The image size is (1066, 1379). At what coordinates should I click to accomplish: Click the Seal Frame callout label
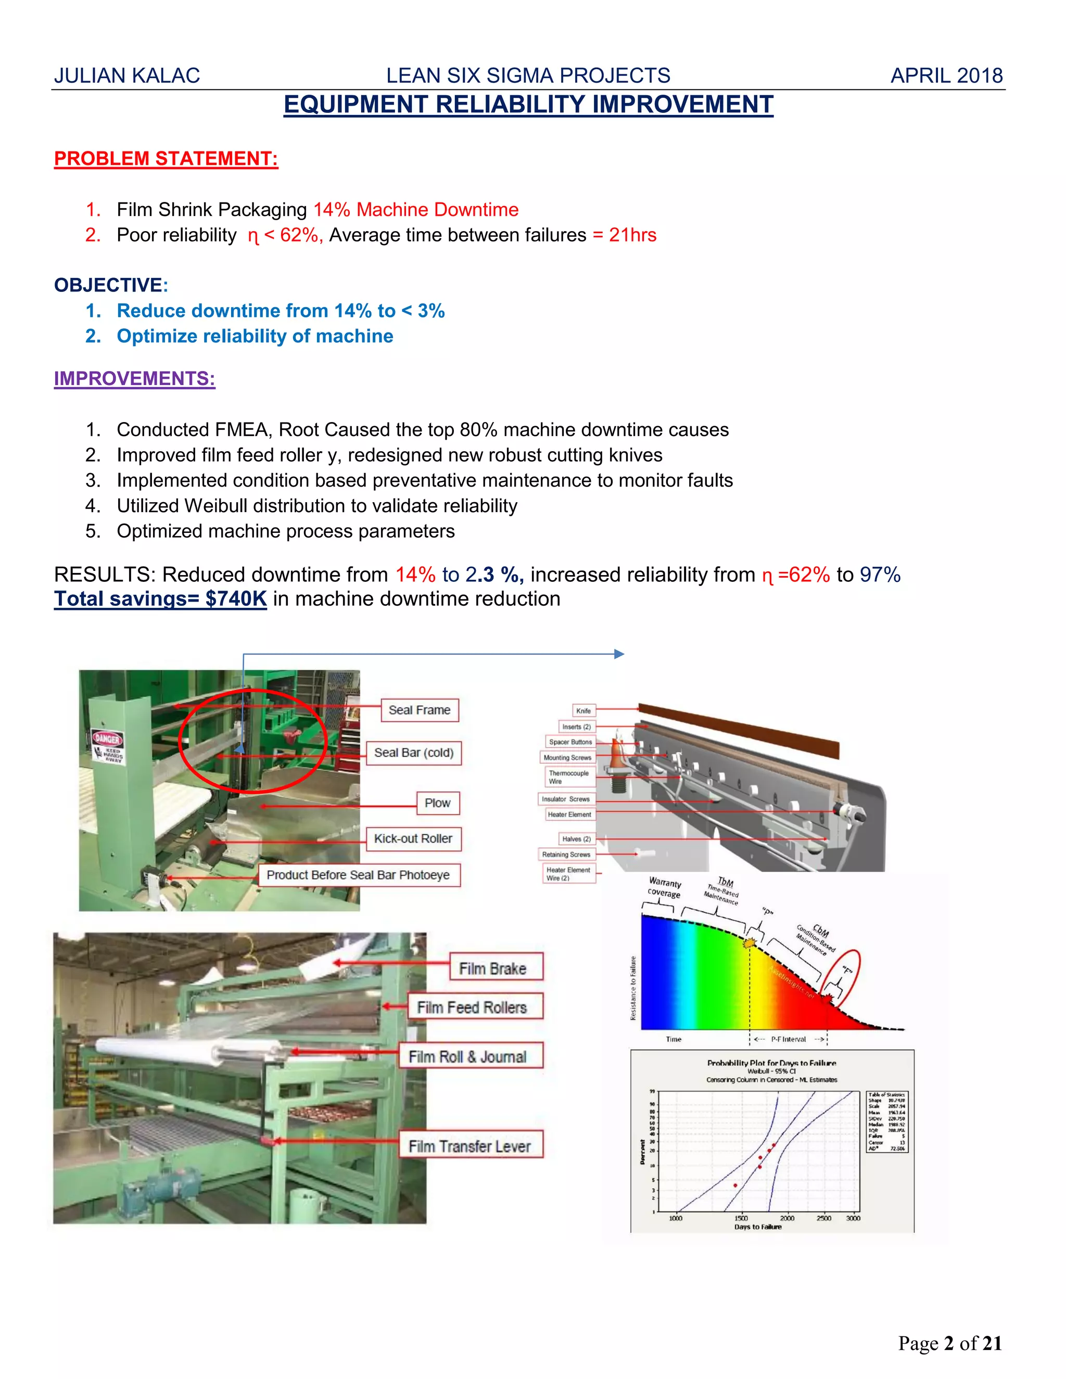pyautogui.click(x=420, y=710)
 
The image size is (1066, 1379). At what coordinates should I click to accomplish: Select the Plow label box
pyautogui.click(x=438, y=802)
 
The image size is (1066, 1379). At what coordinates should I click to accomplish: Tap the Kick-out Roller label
pyautogui.click(x=413, y=838)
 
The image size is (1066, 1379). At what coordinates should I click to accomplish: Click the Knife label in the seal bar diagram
pyautogui.click(x=583, y=710)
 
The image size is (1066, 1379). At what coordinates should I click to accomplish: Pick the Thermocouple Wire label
pyautogui.click(x=568, y=776)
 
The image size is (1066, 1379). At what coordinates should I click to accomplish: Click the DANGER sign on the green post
pyautogui.click(x=107, y=739)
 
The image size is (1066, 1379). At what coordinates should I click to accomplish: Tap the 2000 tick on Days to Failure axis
pyautogui.click(x=787, y=1218)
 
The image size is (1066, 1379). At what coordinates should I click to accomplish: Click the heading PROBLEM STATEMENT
pyautogui.click(x=166, y=159)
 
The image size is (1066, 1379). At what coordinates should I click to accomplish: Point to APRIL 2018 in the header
pyautogui.click(x=946, y=76)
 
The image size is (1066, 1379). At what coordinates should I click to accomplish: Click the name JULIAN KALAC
pyautogui.click(x=127, y=76)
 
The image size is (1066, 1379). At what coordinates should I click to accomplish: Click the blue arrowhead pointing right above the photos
pyautogui.click(x=619, y=654)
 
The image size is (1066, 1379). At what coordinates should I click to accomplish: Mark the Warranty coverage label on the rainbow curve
pyautogui.click(x=664, y=887)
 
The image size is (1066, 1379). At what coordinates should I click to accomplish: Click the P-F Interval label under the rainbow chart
pyautogui.click(x=788, y=1039)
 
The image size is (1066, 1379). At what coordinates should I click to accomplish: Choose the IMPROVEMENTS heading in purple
pyautogui.click(x=134, y=378)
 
